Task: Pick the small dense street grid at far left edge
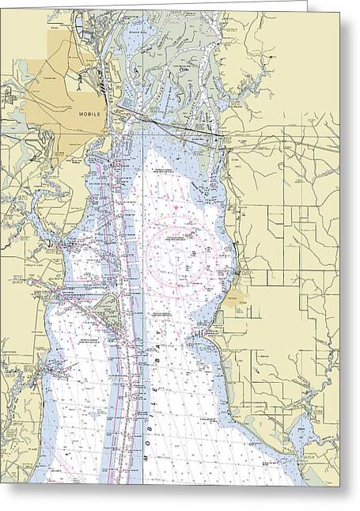click(9, 98)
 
